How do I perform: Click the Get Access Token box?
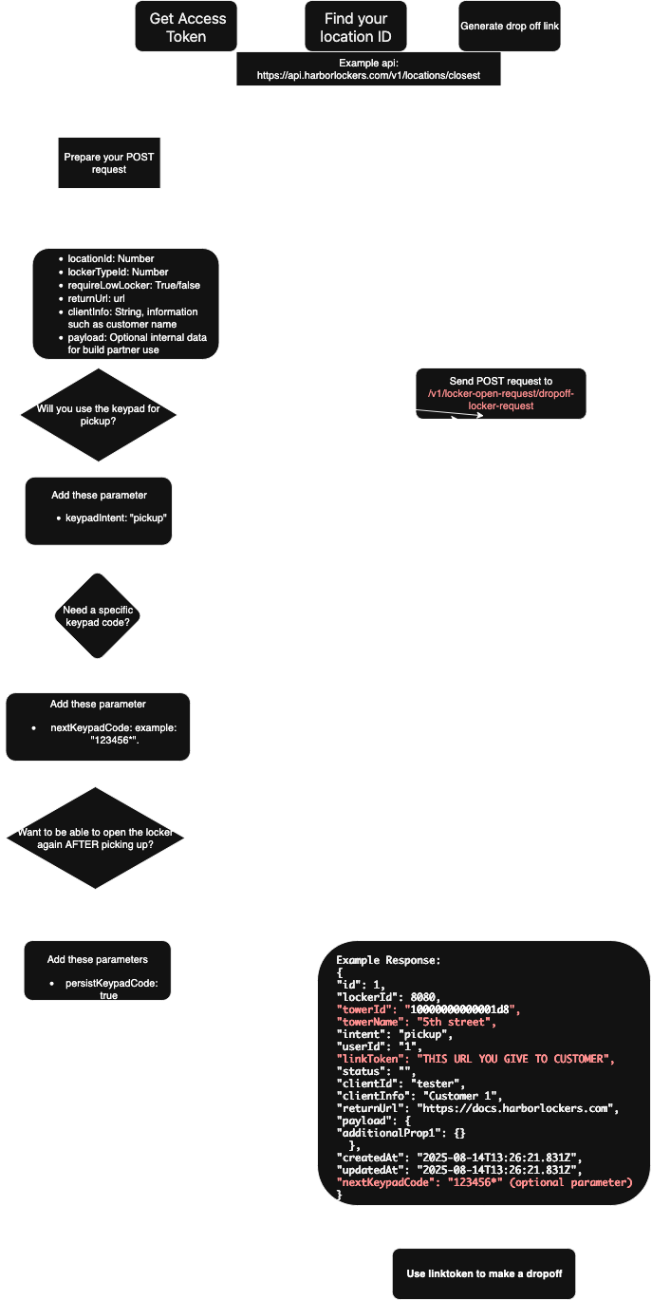(187, 27)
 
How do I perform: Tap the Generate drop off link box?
(510, 26)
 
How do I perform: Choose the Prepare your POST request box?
(108, 163)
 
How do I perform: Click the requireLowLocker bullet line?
(134, 285)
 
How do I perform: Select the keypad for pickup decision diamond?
(99, 414)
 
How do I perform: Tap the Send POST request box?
(501, 393)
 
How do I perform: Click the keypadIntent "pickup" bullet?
(117, 519)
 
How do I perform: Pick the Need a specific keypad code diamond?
(99, 615)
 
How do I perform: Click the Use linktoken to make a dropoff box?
(483, 1273)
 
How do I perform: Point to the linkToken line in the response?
(475, 1059)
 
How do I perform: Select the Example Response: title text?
(388, 960)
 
